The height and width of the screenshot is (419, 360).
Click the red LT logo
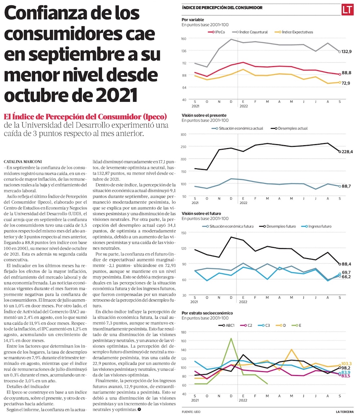pyautogui.click(x=348, y=9)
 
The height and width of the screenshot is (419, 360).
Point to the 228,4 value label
pyautogui.click(x=347, y=152)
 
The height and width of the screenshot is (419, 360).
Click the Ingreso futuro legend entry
pyautogui.click(x=317, y=226)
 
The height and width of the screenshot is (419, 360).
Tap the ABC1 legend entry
pyautogui.click(x=228, y=325)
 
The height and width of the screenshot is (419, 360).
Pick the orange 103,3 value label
pyautogui.click(x=346, y=364)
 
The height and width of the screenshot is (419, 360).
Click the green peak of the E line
pyautogui.click(x=231, y=338)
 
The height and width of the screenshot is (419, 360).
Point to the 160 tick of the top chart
pyautogui.click(x=184, y=38)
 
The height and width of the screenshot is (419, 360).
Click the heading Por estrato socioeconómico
pyautogui.click(x=207, y=313)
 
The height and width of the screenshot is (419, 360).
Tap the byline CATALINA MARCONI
pyautogui.click(x=22, y=161)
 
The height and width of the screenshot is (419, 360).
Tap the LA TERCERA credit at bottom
pyautogui.click(x=345, y=411)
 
